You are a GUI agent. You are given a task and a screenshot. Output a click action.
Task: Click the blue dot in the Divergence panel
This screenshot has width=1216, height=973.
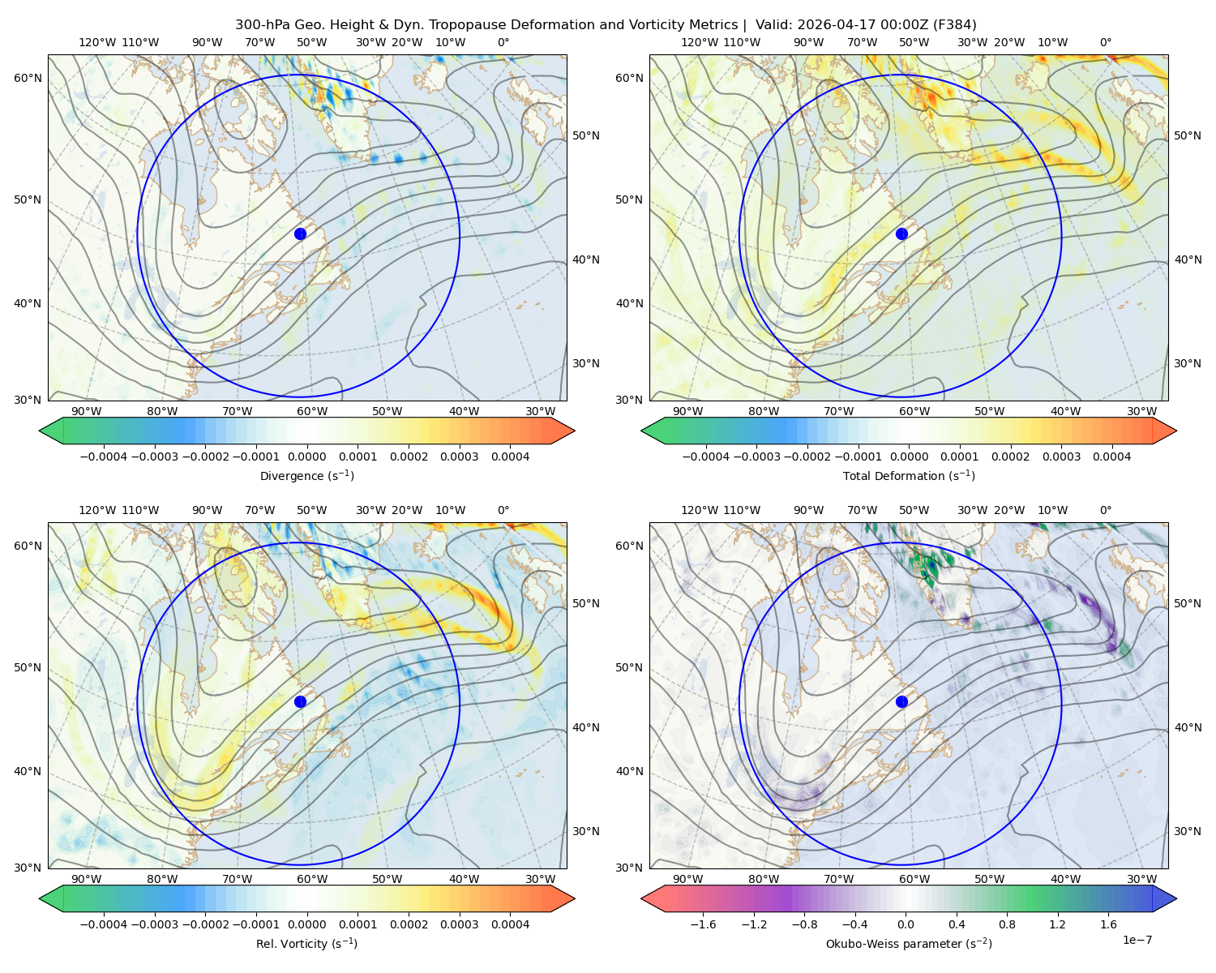(300, 234)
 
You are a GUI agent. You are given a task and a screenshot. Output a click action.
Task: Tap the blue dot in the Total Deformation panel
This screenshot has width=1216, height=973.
(901, 234)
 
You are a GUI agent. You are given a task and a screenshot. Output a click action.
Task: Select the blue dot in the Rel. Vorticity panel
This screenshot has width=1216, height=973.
(300, 701)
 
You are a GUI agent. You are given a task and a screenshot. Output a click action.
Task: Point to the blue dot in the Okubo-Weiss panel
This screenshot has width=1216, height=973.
(901, 701)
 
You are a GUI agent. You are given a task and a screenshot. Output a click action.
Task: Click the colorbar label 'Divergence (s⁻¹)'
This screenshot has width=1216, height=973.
(306, 475)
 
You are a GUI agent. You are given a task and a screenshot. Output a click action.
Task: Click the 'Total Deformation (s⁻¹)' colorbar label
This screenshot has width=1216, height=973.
(909, 475)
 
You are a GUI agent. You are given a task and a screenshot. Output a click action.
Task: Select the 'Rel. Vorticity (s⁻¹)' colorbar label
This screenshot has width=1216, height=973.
(306, 943)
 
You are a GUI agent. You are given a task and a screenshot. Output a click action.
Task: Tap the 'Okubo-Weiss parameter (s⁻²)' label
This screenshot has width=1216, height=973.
(909, 943)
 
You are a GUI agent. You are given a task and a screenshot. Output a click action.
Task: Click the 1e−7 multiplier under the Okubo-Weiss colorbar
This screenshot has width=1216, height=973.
(1137, 940)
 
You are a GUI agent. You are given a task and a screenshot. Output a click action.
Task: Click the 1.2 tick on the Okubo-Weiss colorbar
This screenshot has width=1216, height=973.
(1057, 924)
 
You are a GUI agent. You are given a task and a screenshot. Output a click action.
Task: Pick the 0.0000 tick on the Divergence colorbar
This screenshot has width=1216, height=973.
(306, 456)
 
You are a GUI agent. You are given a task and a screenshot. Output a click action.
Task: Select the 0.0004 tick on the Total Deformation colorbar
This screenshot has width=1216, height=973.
(1111, 456)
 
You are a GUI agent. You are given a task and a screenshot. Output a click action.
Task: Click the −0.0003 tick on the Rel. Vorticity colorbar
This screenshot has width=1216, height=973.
(154, 924)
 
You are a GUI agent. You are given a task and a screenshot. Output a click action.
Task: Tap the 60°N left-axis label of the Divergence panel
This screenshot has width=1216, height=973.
(28, 78)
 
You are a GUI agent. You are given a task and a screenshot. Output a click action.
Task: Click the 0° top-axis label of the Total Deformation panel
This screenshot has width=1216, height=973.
(1105, 42)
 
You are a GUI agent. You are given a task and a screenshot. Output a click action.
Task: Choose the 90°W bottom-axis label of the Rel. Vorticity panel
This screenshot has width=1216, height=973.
(86, 879)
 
